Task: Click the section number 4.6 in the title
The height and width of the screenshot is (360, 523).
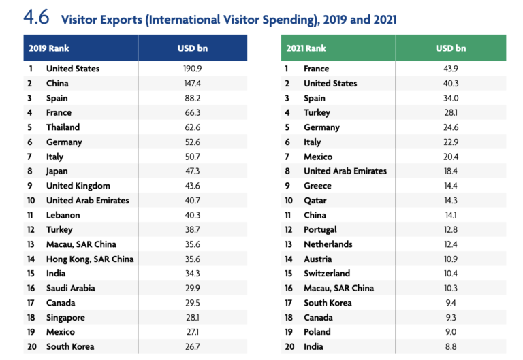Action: (37, 18)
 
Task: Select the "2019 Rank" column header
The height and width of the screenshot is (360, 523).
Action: (49, 48)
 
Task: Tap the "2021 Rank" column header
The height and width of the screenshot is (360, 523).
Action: (306, 48)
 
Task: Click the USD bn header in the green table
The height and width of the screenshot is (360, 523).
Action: (451, 48)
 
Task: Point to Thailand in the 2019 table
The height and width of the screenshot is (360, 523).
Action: (63, 127)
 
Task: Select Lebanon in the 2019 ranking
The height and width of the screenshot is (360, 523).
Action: (63, 215)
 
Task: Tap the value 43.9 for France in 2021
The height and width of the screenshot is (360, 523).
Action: (451, 69)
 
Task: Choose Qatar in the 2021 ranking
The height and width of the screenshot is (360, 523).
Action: (315, 201)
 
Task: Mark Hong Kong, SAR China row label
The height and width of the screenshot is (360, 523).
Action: (90, 259)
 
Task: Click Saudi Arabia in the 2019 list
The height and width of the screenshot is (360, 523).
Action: (71, 288)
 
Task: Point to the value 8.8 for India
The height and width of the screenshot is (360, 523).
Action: (451, 347)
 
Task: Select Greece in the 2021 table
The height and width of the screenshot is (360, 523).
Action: (317, 186)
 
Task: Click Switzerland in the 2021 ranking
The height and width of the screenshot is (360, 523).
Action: (327, 274)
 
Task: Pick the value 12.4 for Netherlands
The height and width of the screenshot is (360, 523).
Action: (451, 244)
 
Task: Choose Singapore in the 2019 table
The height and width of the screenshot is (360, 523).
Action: (66, 318)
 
